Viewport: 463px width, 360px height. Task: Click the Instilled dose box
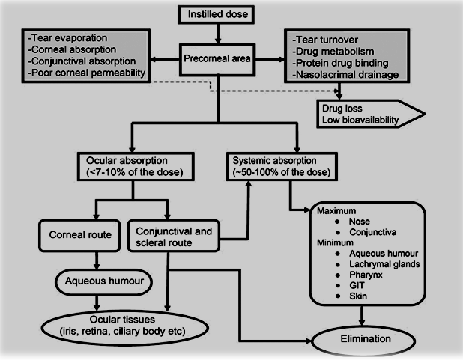pos(217,13)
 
